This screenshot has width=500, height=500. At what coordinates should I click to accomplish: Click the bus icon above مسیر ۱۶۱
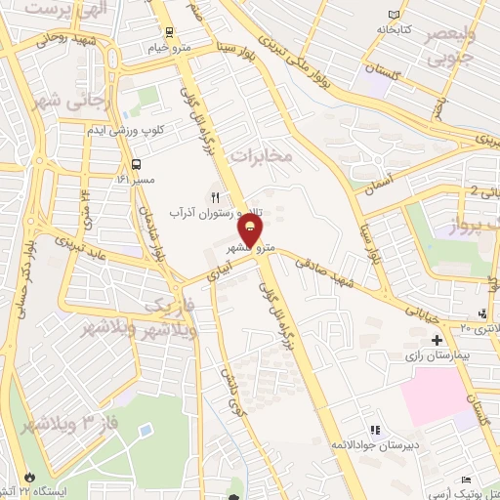point(136,163)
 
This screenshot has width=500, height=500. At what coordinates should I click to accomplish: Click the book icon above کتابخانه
point(394,16)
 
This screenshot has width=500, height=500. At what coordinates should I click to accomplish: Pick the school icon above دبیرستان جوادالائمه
point(374,430)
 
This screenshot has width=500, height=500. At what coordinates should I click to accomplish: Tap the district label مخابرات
point(262,154)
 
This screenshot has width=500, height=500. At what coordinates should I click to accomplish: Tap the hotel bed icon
point(466,479)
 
